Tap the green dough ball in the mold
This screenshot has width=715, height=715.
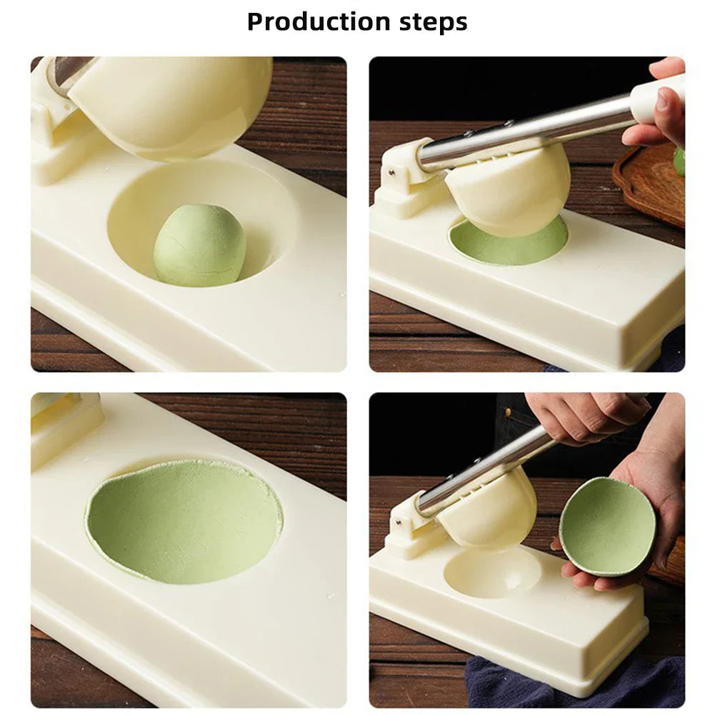click(199, 245)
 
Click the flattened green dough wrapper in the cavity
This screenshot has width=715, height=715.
click(184, 521)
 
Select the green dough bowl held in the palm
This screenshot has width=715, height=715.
click(606, 526)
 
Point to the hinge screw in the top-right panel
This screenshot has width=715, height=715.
click(392, 171)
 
